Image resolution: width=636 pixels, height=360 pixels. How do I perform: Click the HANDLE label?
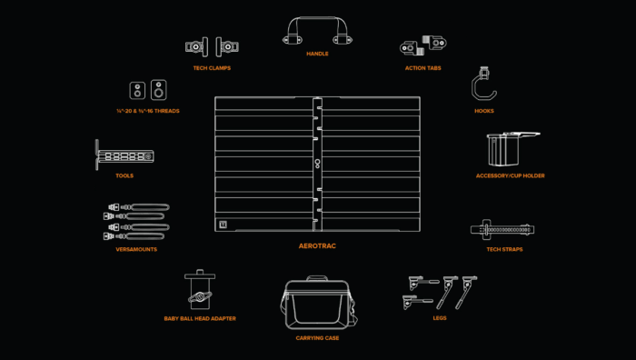[x=317, y=54]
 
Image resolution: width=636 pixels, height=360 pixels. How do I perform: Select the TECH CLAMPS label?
[x=212, y=68]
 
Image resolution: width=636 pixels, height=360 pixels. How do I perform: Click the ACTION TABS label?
[x=423, y=68]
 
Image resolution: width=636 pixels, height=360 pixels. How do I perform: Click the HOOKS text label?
[x=484, y=111]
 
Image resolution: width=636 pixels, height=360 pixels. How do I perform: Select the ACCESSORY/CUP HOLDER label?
[x=511, y=175]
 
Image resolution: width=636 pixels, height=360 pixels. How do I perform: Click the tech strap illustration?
[x=502, y=230]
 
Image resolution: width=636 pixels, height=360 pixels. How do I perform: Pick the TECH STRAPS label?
[x=504, y=249]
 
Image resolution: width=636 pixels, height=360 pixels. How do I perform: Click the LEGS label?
[x=440, y=318]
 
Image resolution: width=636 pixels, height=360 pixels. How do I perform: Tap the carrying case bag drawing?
[x=318, y=303]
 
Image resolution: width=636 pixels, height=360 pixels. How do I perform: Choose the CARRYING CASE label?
[x=317, y=337]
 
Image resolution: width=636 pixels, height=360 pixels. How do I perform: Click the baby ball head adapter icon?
[x=200, y=289]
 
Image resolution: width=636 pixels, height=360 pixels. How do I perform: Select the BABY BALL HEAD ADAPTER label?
[x=200, y=318]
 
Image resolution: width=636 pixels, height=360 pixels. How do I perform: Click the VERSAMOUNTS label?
[x=136, y=249]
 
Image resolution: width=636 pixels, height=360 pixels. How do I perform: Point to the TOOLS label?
[x=124, y=175]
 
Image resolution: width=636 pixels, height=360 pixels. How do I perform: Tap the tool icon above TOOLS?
[x=124, y=155]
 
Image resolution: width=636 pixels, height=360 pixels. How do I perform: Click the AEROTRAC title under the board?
[x=317, y=246]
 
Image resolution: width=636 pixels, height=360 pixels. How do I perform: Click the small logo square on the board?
[x=224, y=225]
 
